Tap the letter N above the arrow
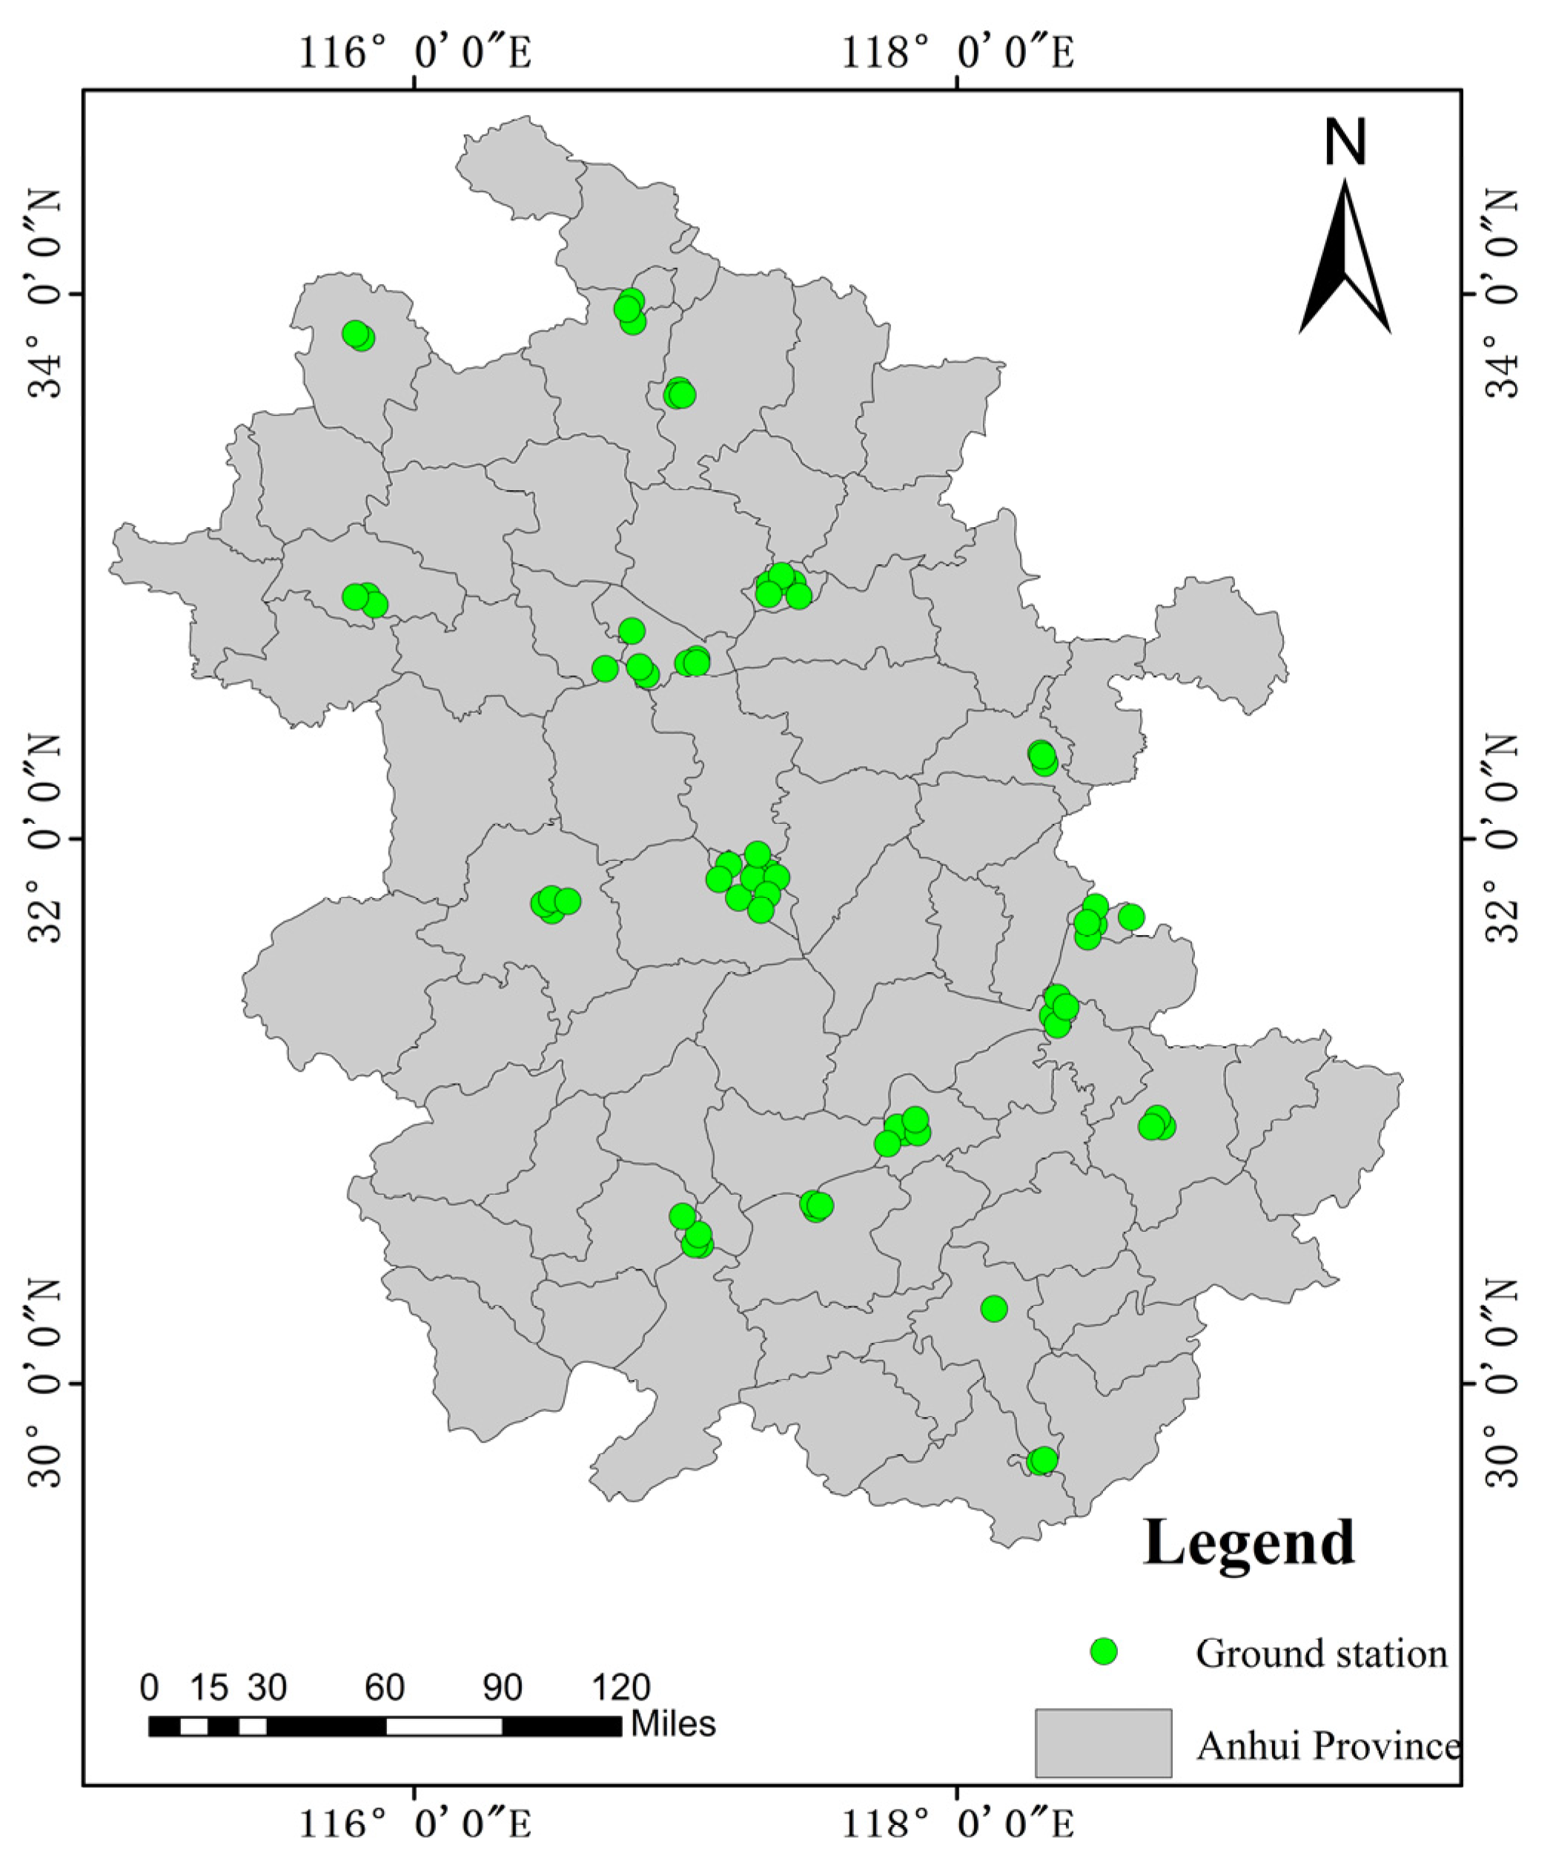[x=1345, y=143]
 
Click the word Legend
[x=1248, y=1542]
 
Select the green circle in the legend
[x=1104, y=1651]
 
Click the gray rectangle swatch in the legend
[x=1103, y=1743]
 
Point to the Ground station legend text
[x=1321, y=1654]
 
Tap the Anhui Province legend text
[x=1328, y=1746]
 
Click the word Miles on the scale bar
[x=673, y=1724]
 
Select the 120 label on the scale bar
[x=621, y=1687]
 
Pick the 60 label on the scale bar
[x=385, y=1687]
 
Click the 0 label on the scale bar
[x=149, y=1687]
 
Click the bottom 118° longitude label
[x=957, y=1824]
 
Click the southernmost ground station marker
[x=1042, y=1460]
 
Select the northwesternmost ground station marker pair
[x=358, y=336]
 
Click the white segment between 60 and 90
[x=444, y=1726]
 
